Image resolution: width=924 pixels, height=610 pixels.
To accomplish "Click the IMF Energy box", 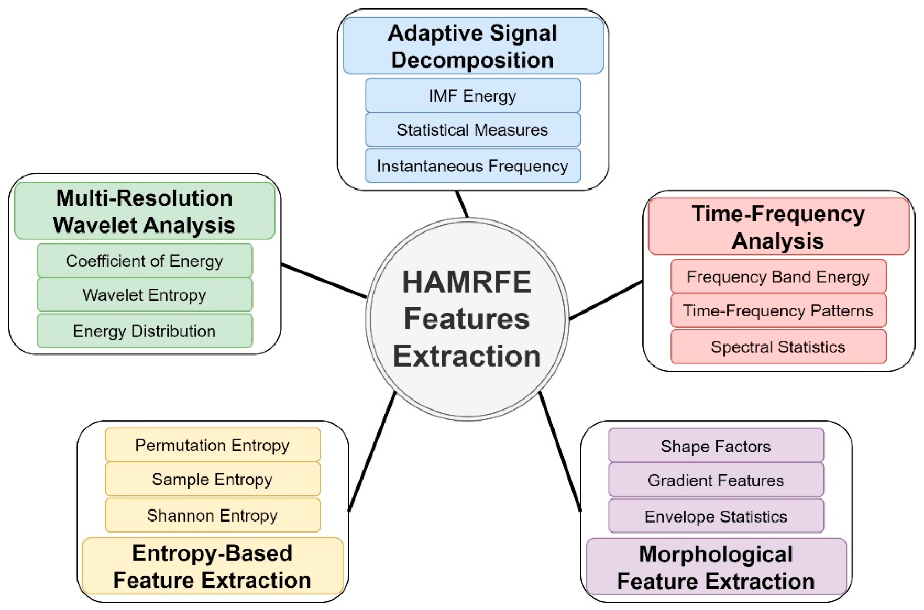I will (x=472, y=96).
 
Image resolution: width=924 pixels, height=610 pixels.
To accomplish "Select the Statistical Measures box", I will (x=472, y=130).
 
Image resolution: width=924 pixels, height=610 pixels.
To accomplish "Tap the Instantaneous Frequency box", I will (x=472, y=166).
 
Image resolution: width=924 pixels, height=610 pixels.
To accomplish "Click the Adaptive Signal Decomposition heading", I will (x=472, y=46).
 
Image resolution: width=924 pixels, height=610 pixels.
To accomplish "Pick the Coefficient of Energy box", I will (x=145, y=261).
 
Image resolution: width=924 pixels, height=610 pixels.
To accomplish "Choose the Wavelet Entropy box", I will (x=145, y=295).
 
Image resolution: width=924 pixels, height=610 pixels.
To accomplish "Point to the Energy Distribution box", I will (x=145, y=331).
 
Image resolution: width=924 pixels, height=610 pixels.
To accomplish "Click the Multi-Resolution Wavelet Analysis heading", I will (x=145, y=212).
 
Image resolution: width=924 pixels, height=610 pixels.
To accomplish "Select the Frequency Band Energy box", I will (x=778, y=276).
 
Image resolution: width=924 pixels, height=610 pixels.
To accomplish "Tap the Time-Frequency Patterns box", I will (x=778, y=310).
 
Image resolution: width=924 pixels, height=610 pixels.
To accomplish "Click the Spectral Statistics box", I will (x=778, y=347).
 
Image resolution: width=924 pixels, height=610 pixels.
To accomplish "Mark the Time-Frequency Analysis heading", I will (x=778, y=227).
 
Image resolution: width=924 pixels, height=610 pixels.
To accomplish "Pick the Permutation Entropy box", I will (x=212, y=445).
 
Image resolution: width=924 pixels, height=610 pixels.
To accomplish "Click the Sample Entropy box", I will (x=212, y=479).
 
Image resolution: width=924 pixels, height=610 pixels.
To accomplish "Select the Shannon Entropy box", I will (x=212, y=515).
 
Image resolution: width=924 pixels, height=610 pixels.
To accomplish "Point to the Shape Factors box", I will (x=716, y=446).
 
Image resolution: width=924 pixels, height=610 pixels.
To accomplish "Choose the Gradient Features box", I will (x=716, y=480).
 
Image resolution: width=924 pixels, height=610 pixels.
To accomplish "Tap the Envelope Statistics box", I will (x=716, y=516).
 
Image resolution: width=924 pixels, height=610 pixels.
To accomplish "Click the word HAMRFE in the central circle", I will (x=467, y=282).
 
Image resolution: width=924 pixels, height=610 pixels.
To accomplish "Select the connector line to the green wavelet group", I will (x=324, y=281).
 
